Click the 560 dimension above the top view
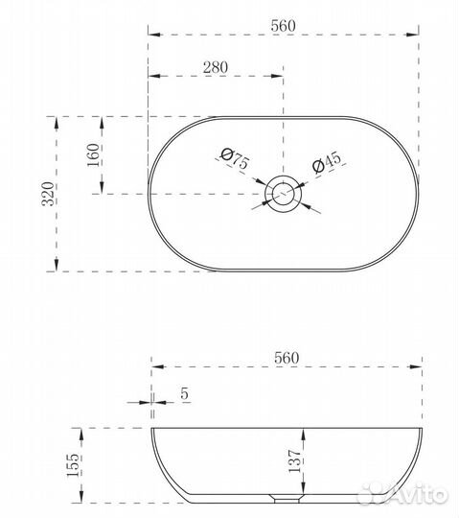point(283,26)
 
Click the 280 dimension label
point(216,67)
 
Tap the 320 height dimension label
point(48,194)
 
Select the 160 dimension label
point(93,155)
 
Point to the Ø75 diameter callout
point(235,158)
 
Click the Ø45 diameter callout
point(327,162)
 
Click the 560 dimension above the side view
point(287,358)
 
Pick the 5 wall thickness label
point(184,394)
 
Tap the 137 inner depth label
point(295,460)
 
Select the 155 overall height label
point(73,465)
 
